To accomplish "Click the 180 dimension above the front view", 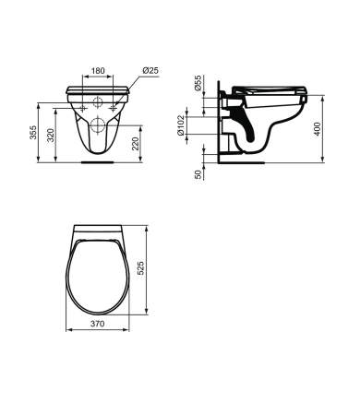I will tap(97, 70).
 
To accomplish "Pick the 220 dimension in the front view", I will tap(137, 143).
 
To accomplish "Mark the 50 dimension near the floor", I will tap(198, 172).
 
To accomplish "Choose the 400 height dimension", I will tap(318, 128).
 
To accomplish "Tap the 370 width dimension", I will tap(97, 324).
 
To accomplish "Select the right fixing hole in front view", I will tap(114, 108).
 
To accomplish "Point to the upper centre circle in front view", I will tap(98, 101).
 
